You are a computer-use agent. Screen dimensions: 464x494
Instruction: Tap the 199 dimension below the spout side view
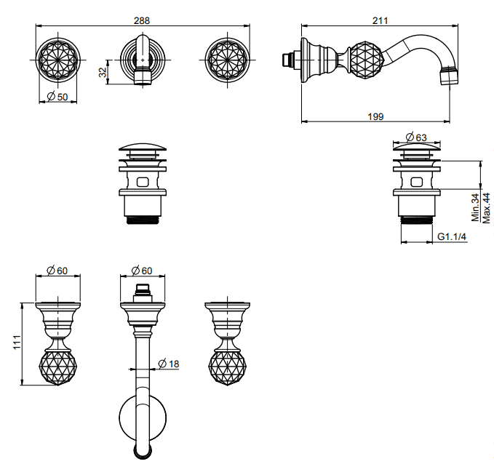click(375, 116)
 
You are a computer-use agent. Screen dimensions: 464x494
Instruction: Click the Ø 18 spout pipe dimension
click(170, 364)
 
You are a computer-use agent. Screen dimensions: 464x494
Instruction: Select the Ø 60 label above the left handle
click(57, 271)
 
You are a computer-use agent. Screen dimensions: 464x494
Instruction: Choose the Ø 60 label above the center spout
click(141, 271)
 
